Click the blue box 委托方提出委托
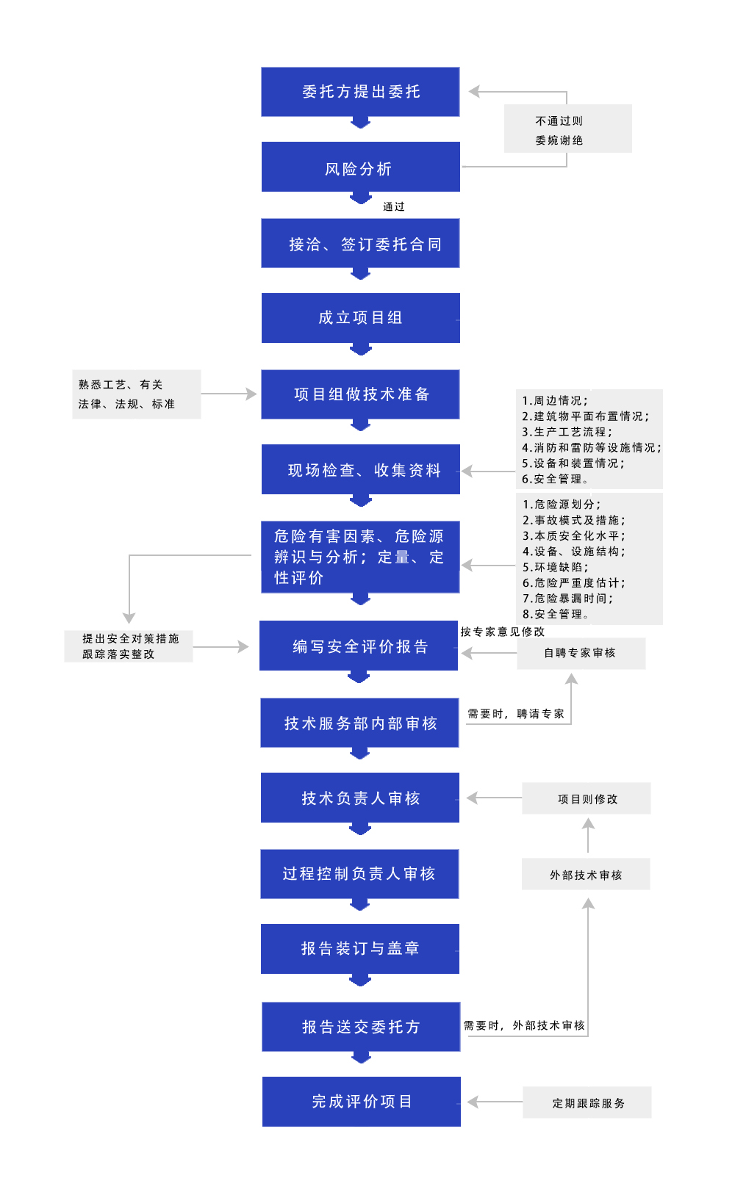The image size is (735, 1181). pos(360,92)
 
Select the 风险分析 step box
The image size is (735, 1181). pos(360,167)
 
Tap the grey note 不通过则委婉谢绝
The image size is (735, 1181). pos(567,129)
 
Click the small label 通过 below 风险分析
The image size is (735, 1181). pos(394,206)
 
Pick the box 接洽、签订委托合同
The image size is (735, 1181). pos(360,243)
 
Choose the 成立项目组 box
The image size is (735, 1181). pos(360,318)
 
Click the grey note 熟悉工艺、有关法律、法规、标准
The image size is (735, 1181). pos(137,394)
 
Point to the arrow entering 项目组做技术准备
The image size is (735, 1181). pos(229,394)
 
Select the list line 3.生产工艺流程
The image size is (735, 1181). pos(567,432)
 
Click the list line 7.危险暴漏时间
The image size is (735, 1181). pos(567,599)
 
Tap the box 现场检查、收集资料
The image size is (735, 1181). pos(360,469)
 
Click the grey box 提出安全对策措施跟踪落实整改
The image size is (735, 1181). pos(129,646)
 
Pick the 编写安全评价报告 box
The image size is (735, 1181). pos(359,646)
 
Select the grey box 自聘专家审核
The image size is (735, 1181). pos(581,653)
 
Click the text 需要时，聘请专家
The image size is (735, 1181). pos(515,714)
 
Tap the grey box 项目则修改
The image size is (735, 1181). pos(587,798)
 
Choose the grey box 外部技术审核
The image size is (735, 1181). pos(586,874)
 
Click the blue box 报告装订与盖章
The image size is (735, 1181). pos(360,948)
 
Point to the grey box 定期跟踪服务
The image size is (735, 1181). pos(587,1102)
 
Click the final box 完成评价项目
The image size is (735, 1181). pos(362,1102)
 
